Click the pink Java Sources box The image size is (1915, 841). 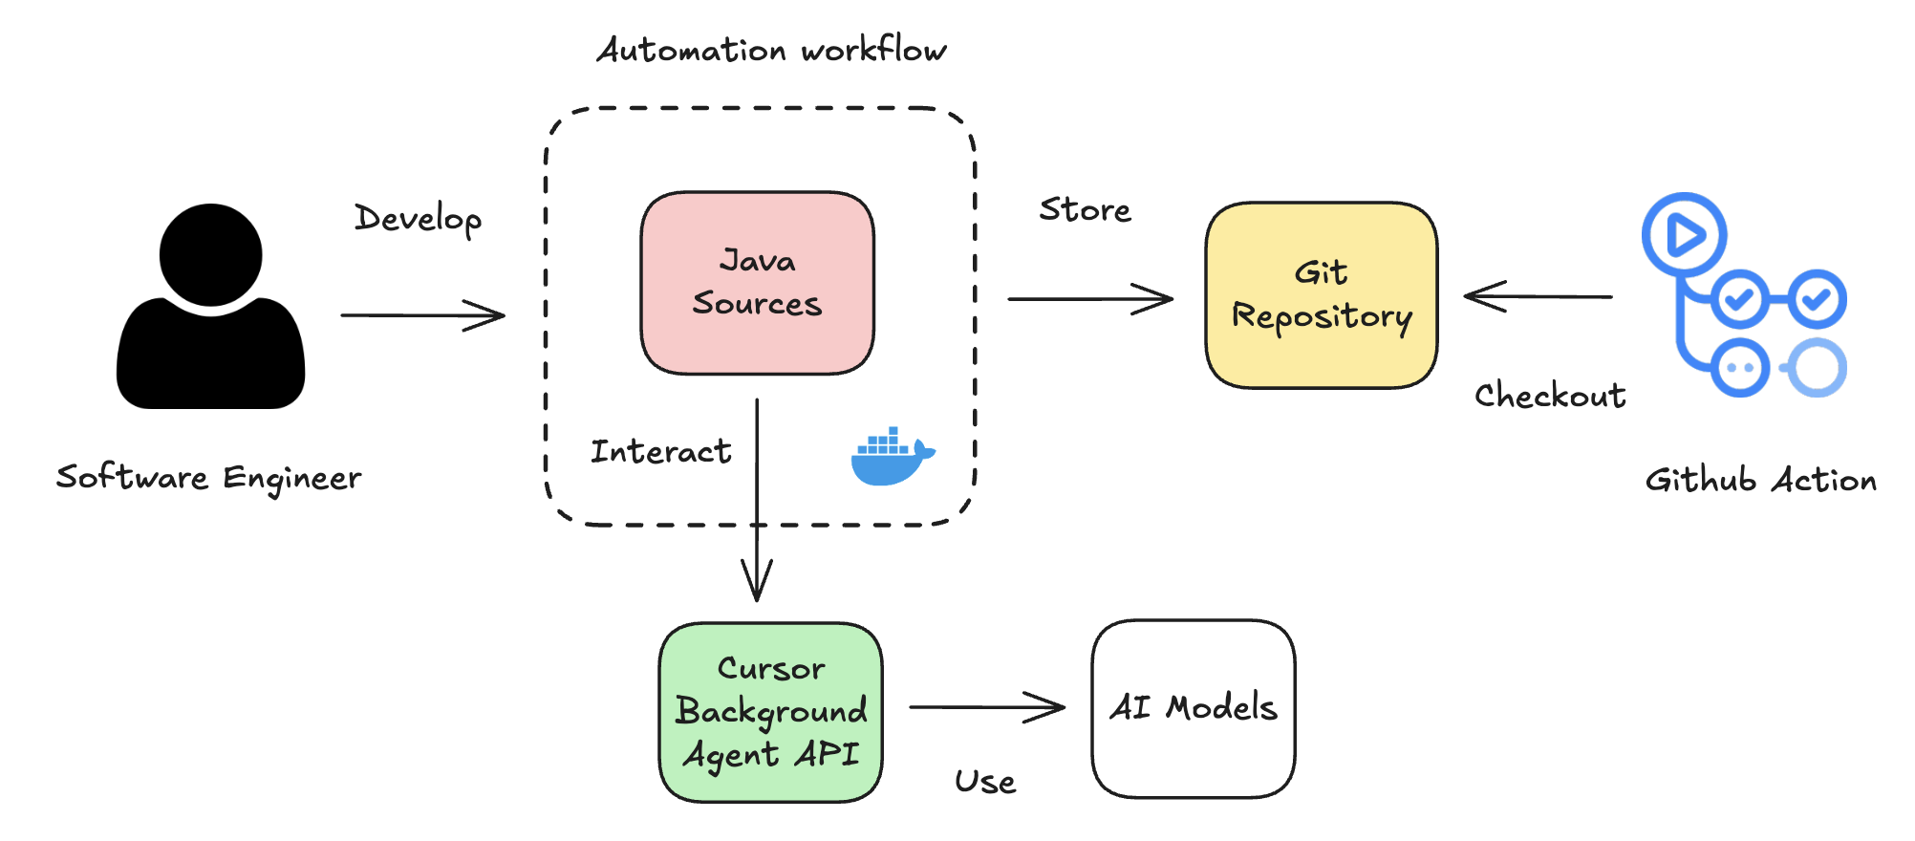(757, 283)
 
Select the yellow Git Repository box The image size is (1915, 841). (1322, 295)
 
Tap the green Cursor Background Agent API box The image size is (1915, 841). (771, 712)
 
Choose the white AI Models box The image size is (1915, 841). (1194, 708)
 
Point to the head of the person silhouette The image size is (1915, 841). (210, 254)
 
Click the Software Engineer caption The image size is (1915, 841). (208, 477)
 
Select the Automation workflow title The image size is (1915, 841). (771, 50)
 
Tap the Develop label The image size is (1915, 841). (418, 219)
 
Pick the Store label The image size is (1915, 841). (1085, 209)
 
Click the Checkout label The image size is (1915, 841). (1549, 395)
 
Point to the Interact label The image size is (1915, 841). (660, 451)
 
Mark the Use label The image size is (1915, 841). (985, 782)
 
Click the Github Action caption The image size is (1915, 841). (1760, 480)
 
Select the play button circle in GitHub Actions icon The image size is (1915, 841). (1684, 234)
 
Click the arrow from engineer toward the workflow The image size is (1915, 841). (422, 315)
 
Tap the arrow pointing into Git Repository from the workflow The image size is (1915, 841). (1089, 299)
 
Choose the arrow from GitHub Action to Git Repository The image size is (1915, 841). (1538, 297)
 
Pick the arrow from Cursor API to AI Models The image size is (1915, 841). (986, 707)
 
